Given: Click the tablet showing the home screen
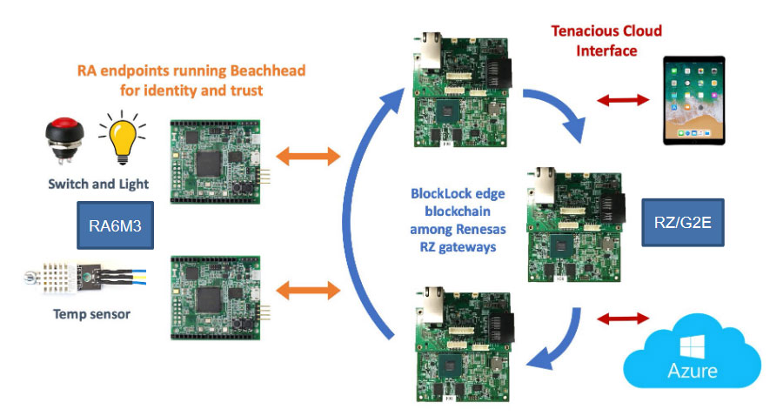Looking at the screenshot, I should [698, 100].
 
